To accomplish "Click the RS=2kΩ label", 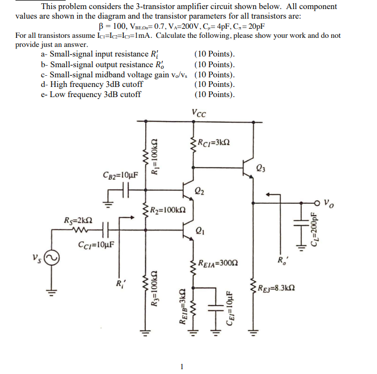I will click(77, 220).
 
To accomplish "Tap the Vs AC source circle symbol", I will click(52, 260).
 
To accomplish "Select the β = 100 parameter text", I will click(113, 26).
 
